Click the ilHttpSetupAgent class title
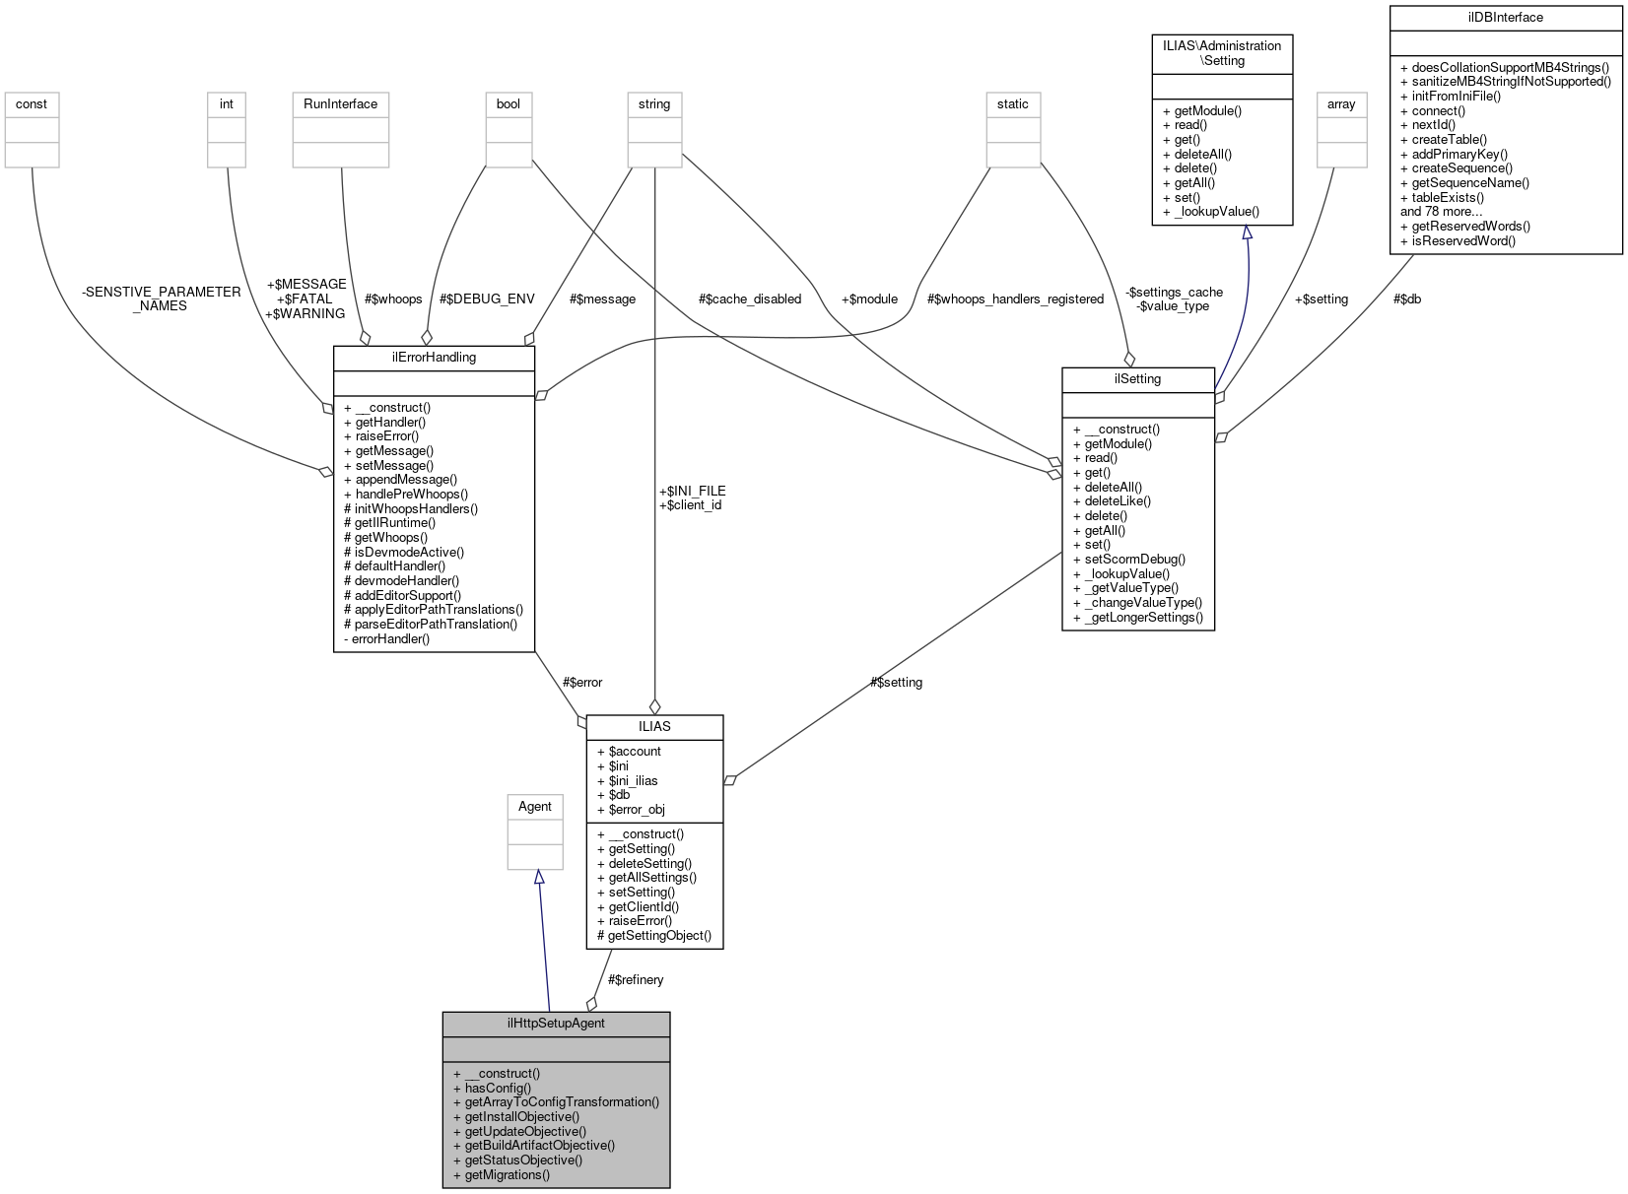tap(556, 1023)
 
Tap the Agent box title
tap(535, 806)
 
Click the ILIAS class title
tap(654, 726)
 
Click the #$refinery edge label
tap(636, 979)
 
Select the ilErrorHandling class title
tap(434, 357)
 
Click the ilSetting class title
tap(1137, 378)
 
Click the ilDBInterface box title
tap(1505, 17)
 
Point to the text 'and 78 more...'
tap(1441, 211)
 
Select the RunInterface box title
tap(340, 103)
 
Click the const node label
tap(32, 103)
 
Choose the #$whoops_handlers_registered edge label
tap(1015, 298)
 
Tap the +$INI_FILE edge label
tap(692, 491)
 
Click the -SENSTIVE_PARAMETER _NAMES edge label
tap(161, 298)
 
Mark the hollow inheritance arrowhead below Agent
tap(538, 877)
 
